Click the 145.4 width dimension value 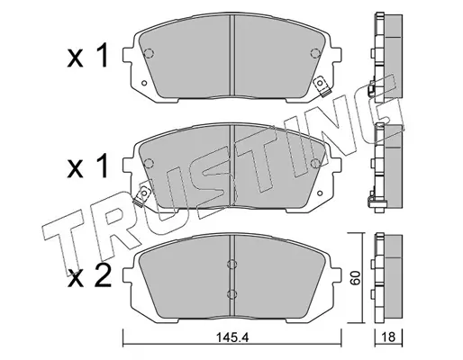coord(231,338)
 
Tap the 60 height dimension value coord(356,277)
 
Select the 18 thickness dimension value coord(388,337)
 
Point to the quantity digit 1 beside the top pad coord(101,55)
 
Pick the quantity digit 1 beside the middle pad coord(101,166)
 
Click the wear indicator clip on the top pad coord(322,87)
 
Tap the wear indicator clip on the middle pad coord(142,196)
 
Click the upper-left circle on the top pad coord(149,53)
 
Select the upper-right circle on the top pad coord(315,53)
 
